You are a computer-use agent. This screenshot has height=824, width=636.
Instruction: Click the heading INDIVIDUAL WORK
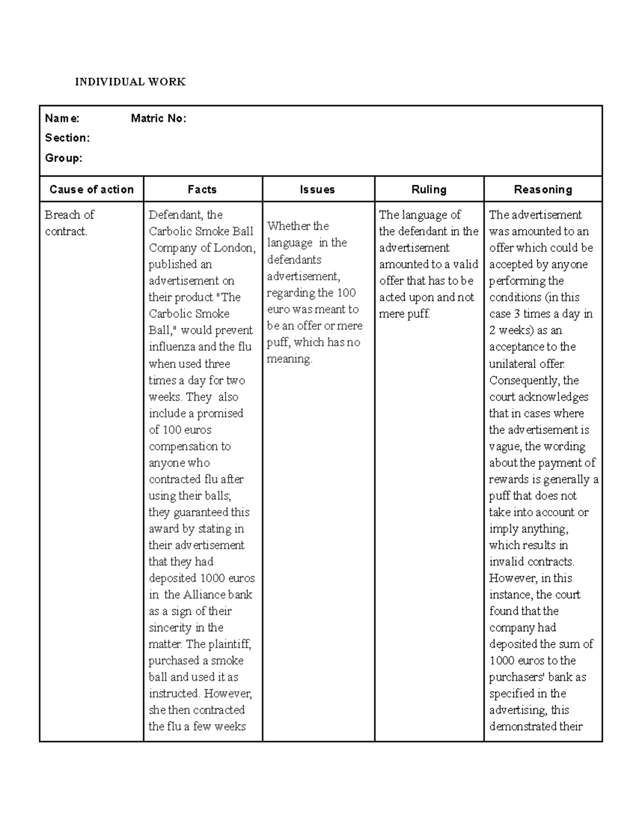[x=130, y=82]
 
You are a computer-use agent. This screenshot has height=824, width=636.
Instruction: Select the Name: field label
[x=62, y=118]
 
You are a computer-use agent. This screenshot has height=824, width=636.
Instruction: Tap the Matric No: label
[x=158, y=118]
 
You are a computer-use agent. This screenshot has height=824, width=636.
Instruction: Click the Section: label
[x=67, y=138]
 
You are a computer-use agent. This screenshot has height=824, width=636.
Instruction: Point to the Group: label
[x=64, y=158]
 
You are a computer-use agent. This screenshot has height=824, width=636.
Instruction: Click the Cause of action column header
[x=91, y=189]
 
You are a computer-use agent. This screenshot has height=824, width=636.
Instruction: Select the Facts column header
[x=202, y=189]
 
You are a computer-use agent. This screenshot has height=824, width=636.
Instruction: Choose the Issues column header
[x=317, y=189]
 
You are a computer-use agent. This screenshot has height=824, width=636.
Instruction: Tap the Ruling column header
[x=429, y=189]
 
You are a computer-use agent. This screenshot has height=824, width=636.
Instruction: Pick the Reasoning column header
[x=543, y=189]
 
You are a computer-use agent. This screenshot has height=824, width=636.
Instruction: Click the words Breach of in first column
[x=69, y=215]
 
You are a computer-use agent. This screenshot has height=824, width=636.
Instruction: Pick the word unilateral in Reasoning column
[x=513, y=364]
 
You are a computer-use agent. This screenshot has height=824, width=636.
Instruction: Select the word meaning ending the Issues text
[x=289, y=359]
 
